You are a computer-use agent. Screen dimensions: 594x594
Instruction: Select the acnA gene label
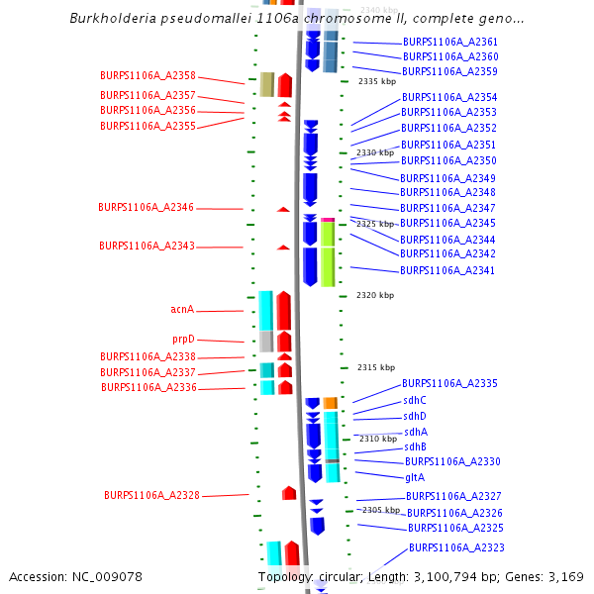[x=182, y=310]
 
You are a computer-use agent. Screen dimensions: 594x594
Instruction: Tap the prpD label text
[x=183, y=340]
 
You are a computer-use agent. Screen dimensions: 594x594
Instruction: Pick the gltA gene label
[x=415, y=477]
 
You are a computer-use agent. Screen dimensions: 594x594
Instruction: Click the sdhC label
[x=415, y=400]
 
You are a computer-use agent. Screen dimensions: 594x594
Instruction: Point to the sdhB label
[x=415, y=446]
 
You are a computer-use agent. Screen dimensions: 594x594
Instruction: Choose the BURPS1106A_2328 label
[x=151, y=495]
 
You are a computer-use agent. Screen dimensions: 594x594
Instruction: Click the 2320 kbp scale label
[x=375, y=295]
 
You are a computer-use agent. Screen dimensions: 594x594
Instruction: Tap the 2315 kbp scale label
[x=375, y=367]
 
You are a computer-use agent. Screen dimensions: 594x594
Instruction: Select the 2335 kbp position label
[x=376, y=81]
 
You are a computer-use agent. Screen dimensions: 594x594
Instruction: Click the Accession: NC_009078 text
[x=76, y=576]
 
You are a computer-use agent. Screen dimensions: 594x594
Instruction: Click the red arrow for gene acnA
[x=284, y=310]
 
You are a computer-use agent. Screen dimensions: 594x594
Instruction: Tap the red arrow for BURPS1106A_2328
[x=289, y=493]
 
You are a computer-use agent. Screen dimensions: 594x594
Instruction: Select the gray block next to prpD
[x=266, y=342]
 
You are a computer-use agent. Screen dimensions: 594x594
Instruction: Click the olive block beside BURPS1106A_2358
[x=267, y=85]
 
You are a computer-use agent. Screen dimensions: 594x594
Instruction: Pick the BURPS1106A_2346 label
[x=146, y=208]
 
